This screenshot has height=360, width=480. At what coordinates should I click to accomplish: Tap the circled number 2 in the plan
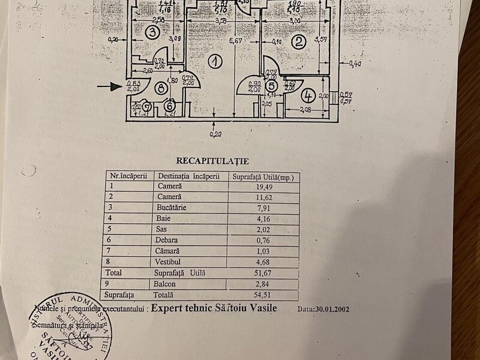tap(296, 42)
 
